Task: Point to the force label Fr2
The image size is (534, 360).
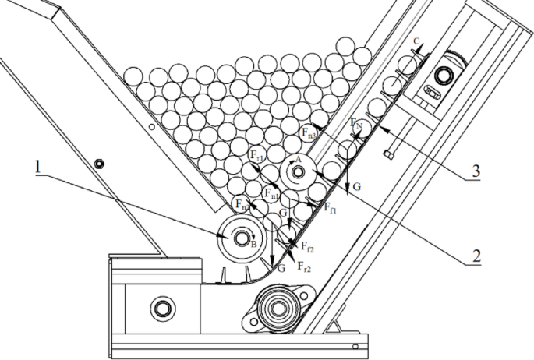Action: pyautogui.click(x=304, y=267)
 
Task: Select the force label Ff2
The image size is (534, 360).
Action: pyautogui.click(x=307, y=249)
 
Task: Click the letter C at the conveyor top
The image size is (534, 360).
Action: pyautogui.click(x=419, y=41)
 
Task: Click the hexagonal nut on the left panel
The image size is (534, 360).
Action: pyautogui.click(x=98, y=163)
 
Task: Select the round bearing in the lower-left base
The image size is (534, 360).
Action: pyautogui.click(x=162, y=307)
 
